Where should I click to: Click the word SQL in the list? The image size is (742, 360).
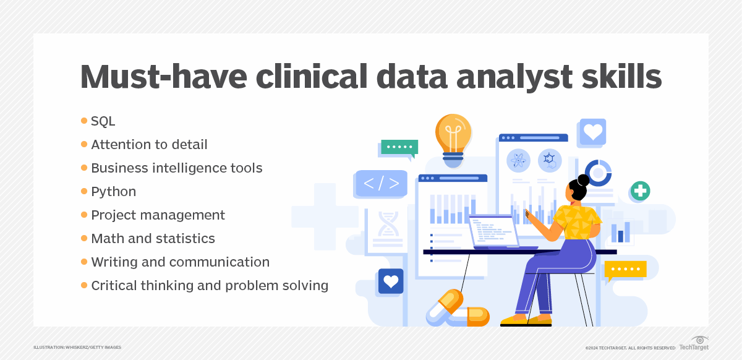click(x=103, y=121)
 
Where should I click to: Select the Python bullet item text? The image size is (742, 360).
click(x=113, y=192)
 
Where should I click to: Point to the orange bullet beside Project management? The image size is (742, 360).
click(x=84, y=215)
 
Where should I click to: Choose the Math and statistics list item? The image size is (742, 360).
click(x=153, y=239)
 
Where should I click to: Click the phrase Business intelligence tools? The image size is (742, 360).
click(x=176, y=168)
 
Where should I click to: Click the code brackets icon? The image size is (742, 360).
click(x=381, y=184)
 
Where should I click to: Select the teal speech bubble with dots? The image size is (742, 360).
click(x=399, y=147)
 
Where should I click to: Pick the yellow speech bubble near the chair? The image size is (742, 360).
click(x=625, y=269)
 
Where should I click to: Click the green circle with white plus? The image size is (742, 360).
click(x=640, y=191)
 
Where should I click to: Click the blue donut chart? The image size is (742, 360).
click(x=598, y=173)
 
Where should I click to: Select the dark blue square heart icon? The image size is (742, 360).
click(x=391, y=281)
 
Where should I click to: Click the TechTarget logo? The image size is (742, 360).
click(x=694, y=343)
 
